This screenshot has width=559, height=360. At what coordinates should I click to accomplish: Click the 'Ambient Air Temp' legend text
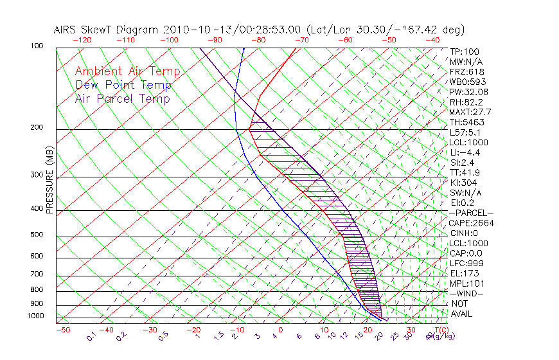[127, 71]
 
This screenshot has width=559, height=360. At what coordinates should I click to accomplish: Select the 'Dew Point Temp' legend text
[123, 85]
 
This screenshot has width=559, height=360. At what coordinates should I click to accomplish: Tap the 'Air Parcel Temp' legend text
[122, 98]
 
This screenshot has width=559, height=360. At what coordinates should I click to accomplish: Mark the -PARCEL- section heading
[471, 213]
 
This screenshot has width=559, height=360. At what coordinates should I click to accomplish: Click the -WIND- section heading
[467, 293]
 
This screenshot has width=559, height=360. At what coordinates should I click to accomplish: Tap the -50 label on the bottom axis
[62, 330]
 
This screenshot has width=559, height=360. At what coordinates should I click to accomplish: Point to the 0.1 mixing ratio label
[92, 335]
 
